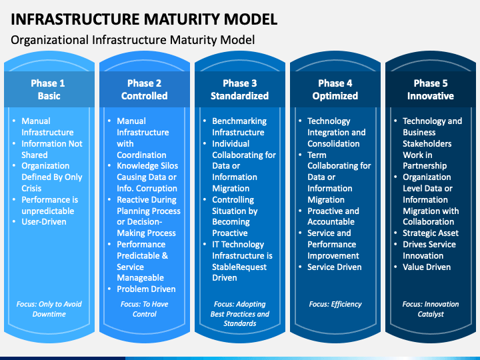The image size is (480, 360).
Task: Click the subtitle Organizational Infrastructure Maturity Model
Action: point(133,40)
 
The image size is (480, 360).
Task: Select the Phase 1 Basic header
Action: point(49,89)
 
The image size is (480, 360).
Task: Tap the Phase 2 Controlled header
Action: point(144,89)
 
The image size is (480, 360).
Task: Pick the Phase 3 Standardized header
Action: point(240,89)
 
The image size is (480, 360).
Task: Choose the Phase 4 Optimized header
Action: point(335,89)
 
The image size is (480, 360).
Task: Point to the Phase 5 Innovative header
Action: point(431,89)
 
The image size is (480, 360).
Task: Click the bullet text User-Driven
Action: point(44,221)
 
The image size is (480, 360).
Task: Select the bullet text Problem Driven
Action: point(146,289)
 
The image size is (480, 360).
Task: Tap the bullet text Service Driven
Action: point(334,267)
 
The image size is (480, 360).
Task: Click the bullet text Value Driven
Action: point(427,267)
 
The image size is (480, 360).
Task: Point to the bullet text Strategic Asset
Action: point(431,233)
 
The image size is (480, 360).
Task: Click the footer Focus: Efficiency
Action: point(335,304)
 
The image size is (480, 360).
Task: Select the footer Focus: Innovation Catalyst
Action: point(431,309)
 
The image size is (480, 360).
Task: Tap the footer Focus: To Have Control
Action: point(144,309)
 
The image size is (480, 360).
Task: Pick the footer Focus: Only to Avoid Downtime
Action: point(49,309)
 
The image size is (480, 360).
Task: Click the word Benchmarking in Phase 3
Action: point(239,121)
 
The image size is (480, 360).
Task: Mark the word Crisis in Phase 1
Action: point(31,188)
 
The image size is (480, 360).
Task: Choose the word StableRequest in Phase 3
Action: point(239,267)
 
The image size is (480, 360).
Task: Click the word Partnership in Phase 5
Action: point(425,165)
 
